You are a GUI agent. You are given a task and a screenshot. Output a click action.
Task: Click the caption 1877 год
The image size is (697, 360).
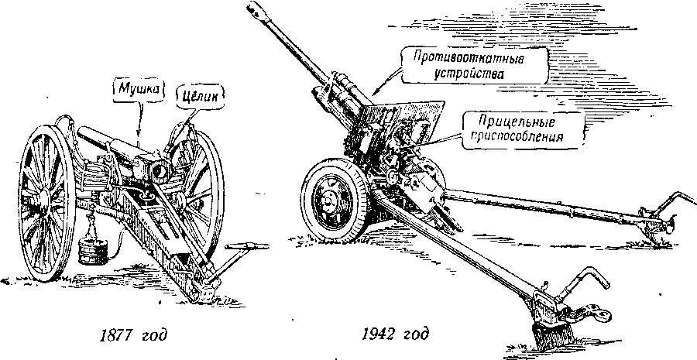(136, 337)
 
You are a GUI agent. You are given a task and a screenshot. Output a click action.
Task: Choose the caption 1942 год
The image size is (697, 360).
(394, 337)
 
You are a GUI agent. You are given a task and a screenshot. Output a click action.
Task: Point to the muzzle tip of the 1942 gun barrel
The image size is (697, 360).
(253, 9)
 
